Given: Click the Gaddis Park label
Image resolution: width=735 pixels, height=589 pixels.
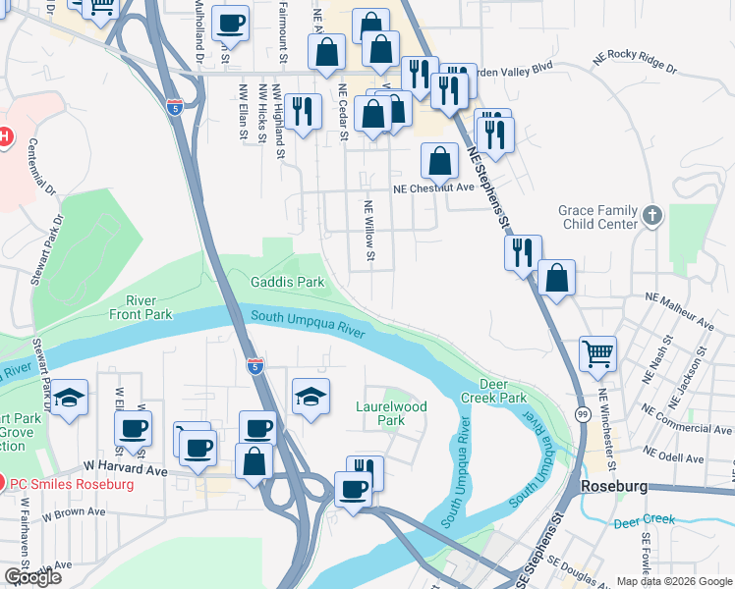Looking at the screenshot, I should pyautogui.click(x=286, y=282).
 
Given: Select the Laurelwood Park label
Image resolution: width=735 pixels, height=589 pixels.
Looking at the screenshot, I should pyautogui.click(x=390, y=412).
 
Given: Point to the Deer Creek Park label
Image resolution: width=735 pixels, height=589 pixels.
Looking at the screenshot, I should pyautogui.click(x=503, y=390).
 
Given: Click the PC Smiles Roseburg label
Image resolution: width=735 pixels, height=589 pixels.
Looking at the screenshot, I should pyautogui.click(x=71, y=484).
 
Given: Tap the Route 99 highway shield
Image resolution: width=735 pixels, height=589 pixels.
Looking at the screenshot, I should pyautogui.click(x=583, y=414).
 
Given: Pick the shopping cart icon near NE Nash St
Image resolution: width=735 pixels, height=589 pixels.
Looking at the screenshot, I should pyautogui.click(x=597, y=353).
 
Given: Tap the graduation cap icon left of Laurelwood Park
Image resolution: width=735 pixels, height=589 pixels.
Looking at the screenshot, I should pyautogui.click(x=310, y=396).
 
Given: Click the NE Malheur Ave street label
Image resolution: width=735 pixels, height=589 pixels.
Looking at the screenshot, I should pyautogui.click(x=679, y=308).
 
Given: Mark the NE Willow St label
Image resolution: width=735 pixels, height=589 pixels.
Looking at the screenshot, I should pyautogui.click(x=370, y=233).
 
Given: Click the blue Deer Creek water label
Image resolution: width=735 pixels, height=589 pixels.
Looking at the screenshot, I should pyautogui.click(x=646, y=520).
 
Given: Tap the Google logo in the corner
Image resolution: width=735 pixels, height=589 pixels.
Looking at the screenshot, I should pyautogui.click(x=32, y=577).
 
